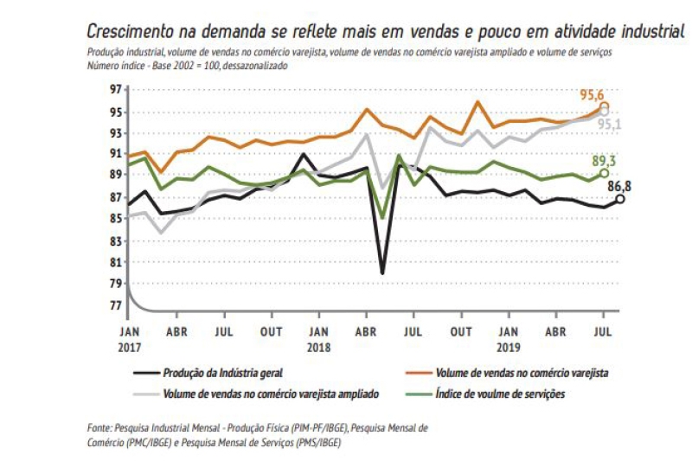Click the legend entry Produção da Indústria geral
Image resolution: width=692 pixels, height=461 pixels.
point(222,373)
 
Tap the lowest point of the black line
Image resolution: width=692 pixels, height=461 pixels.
point(382,273)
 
